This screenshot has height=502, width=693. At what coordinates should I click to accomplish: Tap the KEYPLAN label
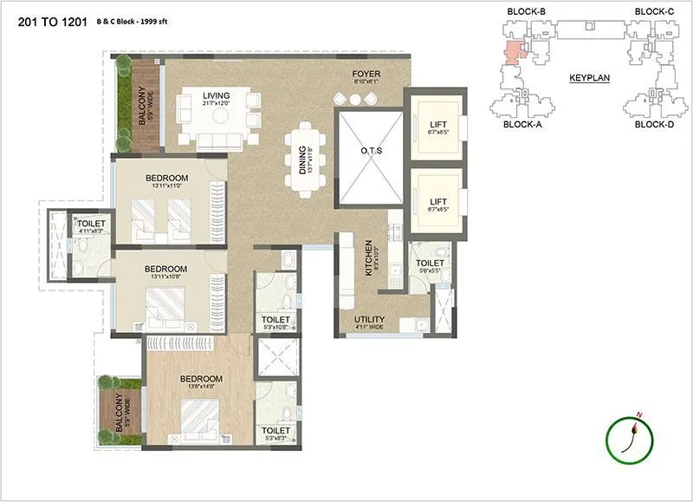[x=589, y=78]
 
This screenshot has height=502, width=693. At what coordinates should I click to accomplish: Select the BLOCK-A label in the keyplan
[x=522, y=124]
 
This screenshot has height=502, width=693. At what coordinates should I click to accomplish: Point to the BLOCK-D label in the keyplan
[x=654, y=124]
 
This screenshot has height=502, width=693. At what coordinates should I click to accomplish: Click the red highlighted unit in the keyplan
[x=515, y=53]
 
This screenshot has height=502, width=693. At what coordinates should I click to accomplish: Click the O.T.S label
[x=371, y=151]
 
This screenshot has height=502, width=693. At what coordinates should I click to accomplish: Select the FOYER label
[x=366, y=74]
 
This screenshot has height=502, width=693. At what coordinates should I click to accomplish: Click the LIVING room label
[x=217, y=95]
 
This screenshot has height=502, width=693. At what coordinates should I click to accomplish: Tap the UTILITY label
[x=370, y=319]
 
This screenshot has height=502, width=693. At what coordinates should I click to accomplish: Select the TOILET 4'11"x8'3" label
[x=91, y=224]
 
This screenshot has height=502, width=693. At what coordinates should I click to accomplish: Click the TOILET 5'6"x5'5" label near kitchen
[x=429, y=264]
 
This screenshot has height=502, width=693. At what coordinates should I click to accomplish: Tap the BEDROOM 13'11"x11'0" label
[x=166, y=179]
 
